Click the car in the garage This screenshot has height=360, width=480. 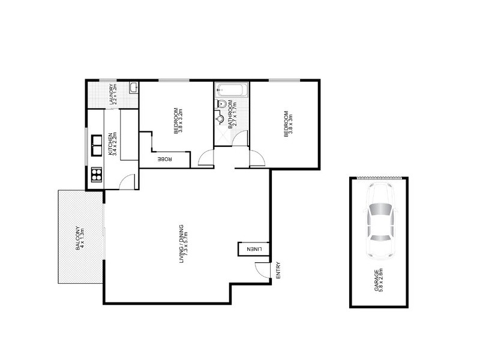click(x=380, y=220)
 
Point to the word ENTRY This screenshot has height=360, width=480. click(x=278, y=270)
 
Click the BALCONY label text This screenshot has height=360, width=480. click(x=77, y=236)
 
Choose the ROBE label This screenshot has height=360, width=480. click(x=166, y=159)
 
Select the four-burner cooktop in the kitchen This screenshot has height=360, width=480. click(x=96, y=175)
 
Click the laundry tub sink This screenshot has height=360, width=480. click(x=133, y=88)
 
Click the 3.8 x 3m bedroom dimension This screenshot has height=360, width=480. click(x=290, y=123)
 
